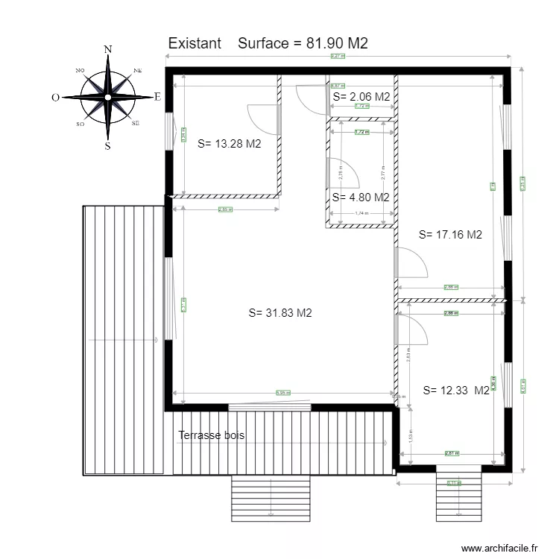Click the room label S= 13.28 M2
229,145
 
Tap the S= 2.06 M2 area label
361,96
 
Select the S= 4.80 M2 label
361,198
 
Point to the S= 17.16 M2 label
450,234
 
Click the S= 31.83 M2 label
279,313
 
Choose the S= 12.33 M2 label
455,390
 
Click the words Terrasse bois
211,435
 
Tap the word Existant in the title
195,43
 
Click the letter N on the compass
108,50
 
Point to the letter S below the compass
108,146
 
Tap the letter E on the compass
157,96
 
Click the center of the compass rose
108,97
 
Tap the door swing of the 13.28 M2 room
264,119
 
